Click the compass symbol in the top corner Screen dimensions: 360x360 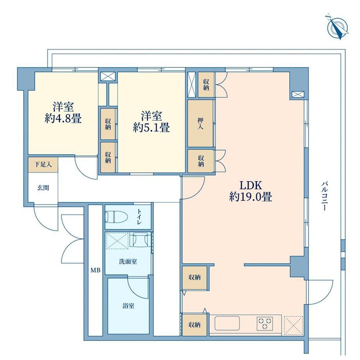point(337,28)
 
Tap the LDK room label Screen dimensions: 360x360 point(251,185)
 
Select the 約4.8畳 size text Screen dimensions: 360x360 point(63,119)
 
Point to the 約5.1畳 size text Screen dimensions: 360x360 point(151,128)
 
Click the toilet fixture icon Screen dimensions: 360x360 point(116,217)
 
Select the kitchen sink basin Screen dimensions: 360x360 point(227,323)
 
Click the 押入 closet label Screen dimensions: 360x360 point(200,124)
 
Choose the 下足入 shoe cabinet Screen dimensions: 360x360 point(43,165)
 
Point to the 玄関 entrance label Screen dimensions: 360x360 point(43,188)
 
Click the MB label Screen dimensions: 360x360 point(95,270)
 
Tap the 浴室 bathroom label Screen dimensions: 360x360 point(128,306)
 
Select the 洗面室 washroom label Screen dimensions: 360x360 point(128,261)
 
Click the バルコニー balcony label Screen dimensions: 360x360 point(324,196)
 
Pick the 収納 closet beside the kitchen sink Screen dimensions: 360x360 point(194,325)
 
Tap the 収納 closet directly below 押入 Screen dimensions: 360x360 point(201,161)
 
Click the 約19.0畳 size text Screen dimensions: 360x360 point(251,197)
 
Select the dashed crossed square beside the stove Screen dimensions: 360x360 point(293,325)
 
